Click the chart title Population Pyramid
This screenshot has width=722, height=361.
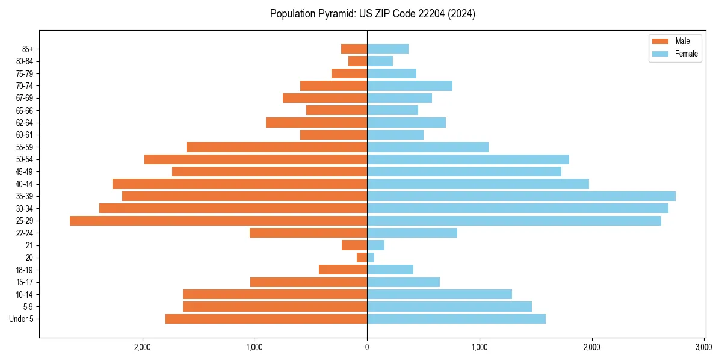(x=372, y=14)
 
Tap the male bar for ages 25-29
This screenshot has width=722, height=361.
(x=218, y=221)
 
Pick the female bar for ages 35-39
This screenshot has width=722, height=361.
(x=521, y=196)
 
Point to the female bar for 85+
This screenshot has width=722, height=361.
(x=387, y=49)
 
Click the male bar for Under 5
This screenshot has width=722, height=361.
(x=266, y=319)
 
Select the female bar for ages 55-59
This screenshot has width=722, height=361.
(x=428, y=147)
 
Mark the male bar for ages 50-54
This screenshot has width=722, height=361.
(x=256, y=159)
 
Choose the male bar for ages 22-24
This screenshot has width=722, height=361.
(x=308, y=233)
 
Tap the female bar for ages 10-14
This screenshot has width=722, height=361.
(x=439, y=294)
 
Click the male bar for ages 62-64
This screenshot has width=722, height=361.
(x=316, y=122)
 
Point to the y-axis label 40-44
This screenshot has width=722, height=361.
(x=25, y=184)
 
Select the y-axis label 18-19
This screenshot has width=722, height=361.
(x=25, y=270)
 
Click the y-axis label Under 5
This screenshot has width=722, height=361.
(x=22, y=319)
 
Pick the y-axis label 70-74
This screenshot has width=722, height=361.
(x=25, y=86)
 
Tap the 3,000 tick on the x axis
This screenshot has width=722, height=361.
(x=704, y=347)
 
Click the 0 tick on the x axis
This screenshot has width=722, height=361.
(x=367, y=347)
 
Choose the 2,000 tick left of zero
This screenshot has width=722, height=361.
(x=143, y=347)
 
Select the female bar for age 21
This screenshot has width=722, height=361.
(x=375, y=245)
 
